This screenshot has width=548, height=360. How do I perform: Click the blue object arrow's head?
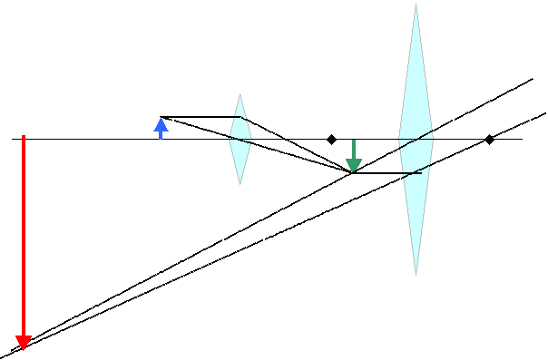coord(161,123)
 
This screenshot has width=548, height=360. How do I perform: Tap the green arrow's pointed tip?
coord(354,171)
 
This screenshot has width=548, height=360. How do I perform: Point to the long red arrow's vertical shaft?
coord(24,236)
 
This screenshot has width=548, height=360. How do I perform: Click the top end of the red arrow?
coord(24,136)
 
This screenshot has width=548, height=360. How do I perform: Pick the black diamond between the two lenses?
coord(332,139)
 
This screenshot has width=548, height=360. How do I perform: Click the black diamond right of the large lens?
coord(489,139)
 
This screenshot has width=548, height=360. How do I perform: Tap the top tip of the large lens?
coord(416,4)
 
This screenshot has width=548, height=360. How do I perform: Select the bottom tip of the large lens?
coord(416,274)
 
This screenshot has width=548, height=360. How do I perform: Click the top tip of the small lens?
coord(240,93)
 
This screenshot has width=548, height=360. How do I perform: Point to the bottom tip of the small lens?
coord(240,184)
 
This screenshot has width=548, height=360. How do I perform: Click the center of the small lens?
coord(240,139)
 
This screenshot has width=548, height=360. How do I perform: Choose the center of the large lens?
coord(416,139)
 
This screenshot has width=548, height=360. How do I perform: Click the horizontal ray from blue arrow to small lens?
coord(200,117)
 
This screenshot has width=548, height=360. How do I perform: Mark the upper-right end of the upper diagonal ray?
coord(533,79)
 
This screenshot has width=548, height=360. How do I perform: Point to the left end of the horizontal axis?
coord(13,139)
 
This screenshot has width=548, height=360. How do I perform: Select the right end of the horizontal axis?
coord(523,139)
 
